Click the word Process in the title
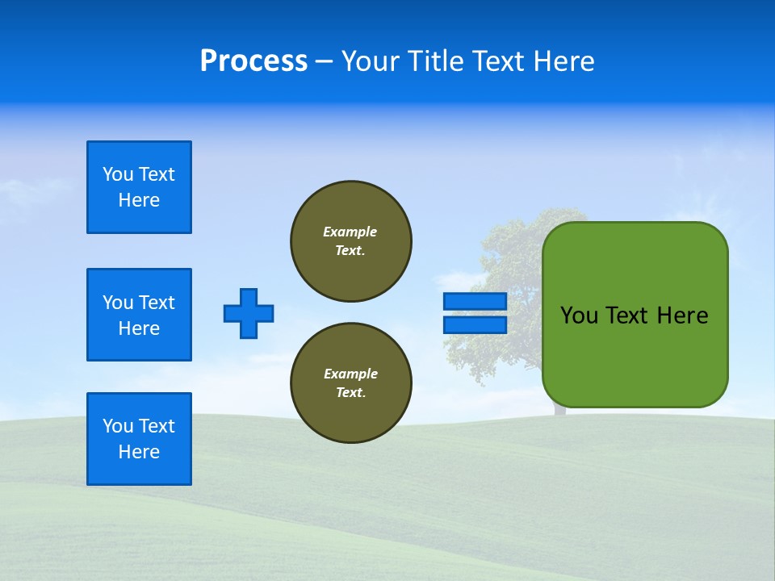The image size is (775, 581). tap(253, 61)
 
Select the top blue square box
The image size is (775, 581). tap(139, 187)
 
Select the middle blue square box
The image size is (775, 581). tap(139, 315)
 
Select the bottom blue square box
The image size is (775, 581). tap(139, 439)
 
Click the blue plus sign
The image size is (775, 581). tap(249, 313)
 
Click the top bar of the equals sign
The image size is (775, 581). tap(475, 301)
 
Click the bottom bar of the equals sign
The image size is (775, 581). tap(475, 325)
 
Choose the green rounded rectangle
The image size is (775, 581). tap(635, 355)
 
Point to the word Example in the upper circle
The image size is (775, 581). tap(350, 232)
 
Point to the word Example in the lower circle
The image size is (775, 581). tap(350, 374)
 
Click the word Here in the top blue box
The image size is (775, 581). tap(139, 200)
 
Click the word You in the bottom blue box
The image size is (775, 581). tap(118, 426)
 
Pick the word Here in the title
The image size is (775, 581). tap(563, 61)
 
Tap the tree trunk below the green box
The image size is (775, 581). tap(559, 412)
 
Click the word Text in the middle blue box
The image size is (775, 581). tap(157, 303)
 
